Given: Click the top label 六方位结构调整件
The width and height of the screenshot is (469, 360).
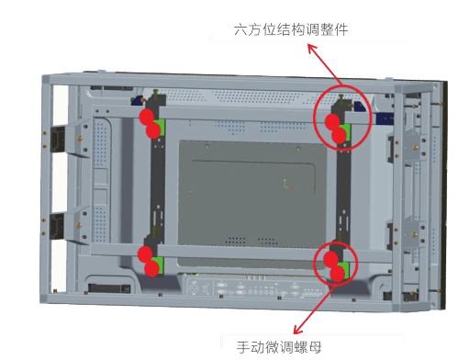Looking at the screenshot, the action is point(291,30).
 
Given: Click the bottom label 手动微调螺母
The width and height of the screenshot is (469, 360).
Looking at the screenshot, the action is point(279,347).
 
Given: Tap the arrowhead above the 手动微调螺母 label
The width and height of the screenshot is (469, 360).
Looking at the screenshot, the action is point(298,330).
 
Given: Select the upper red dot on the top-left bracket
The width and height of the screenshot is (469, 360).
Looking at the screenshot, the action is point(147,117).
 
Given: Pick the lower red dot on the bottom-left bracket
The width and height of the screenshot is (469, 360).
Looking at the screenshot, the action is point(151,268).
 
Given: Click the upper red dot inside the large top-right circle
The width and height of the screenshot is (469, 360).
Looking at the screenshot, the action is point(332,121).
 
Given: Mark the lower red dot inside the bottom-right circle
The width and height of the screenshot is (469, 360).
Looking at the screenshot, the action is point(337,274).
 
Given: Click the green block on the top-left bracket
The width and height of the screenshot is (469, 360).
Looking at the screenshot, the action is point(160,128).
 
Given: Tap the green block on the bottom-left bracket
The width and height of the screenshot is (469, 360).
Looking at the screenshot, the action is point(159,265).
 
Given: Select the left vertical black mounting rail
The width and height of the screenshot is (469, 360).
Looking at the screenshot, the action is point(158,184).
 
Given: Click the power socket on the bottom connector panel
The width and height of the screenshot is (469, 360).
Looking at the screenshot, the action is point(195,288).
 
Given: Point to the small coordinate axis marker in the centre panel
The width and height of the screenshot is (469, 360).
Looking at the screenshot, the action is point(286,185).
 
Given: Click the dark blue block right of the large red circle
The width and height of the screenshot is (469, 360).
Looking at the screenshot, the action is point(385,118).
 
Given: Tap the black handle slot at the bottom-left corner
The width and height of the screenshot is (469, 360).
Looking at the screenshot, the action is point(109,288).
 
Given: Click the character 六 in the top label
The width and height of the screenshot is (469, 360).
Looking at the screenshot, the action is point(240,30).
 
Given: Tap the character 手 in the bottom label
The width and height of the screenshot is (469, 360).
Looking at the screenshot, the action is point(243,347).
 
